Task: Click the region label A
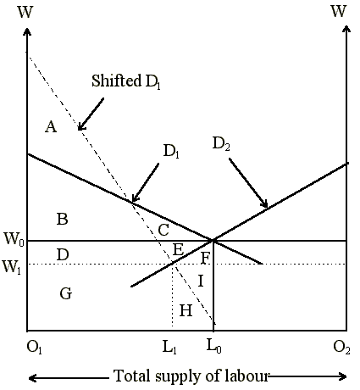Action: pyautogui.click(x=51, y=126)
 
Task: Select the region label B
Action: pyautogui.click(x=63, y=219)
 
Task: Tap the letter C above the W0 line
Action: pyautogui.click(x=163, y=230)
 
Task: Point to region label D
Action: pyautogui.click(x=63, y=254)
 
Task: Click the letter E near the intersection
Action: pyautogui.click(x=178, y=249)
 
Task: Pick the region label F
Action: pyautogui.click(x=205, y=258)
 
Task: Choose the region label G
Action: pyautogui.click(x=66, y=293)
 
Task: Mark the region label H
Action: pyautogui.click(x=186, y=310)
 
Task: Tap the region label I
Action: pyautogui.click(x=201, y=281)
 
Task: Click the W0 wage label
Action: pyautogui.click(x=14, y=239)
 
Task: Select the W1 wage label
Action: pyautogui.click(x=11, y=266)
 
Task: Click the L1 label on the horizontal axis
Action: pyautogui.click(x=169, y=348)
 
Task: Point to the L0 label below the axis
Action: pyautogui.click(x=213, y=347)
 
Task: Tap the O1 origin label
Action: pyautogui.click(x=34, y=348)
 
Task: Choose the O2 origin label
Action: pyautogui.click(x=341, y=348)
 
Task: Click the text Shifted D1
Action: pyautogui.click(x=126, y=81)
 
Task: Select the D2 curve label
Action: pyautogui.click(x=221, y=144)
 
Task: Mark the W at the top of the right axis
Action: pyautogui.click(x=339, y=12)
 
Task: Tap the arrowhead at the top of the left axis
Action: pyautogui.click(x=27, y=31)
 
